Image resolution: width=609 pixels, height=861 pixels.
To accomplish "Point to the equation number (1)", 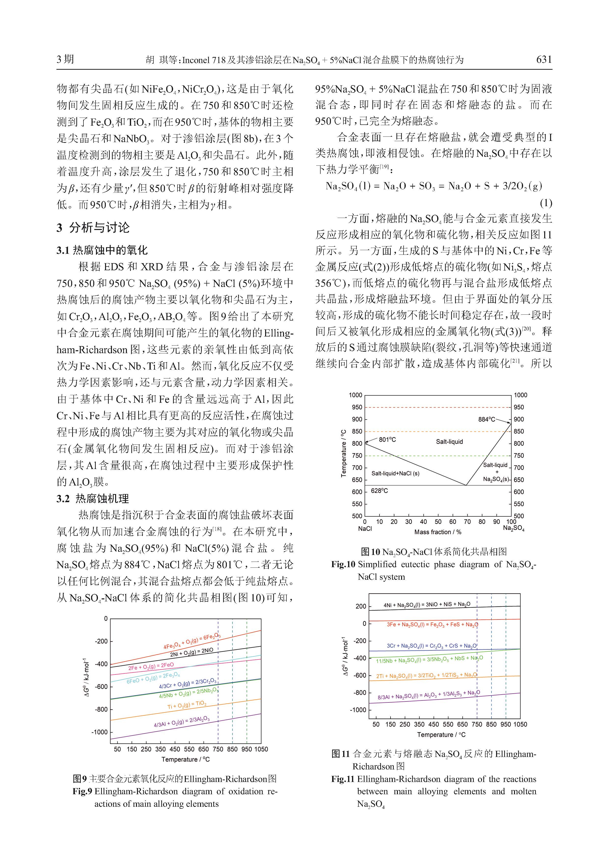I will click(x=546, y=203).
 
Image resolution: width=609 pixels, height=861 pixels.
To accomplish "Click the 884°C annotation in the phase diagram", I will click(x=486, y=419).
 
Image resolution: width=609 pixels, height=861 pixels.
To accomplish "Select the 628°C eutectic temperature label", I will click(x=379, y=490).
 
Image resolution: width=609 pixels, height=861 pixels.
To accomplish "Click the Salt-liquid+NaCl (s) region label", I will click(x=395, y=473).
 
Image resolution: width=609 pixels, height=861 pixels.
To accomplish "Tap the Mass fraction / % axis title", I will click(x=438, y=532).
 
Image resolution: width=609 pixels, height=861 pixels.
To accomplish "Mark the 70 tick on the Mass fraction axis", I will click(x=467, y=522).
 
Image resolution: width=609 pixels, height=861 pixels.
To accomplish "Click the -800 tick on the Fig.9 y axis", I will click(x=100, y=710).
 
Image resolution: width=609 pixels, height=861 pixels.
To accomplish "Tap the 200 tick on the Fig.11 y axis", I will click(x=361, y=606).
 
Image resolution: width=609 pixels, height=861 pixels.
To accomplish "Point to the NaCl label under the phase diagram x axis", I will click(x=365, y=529).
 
